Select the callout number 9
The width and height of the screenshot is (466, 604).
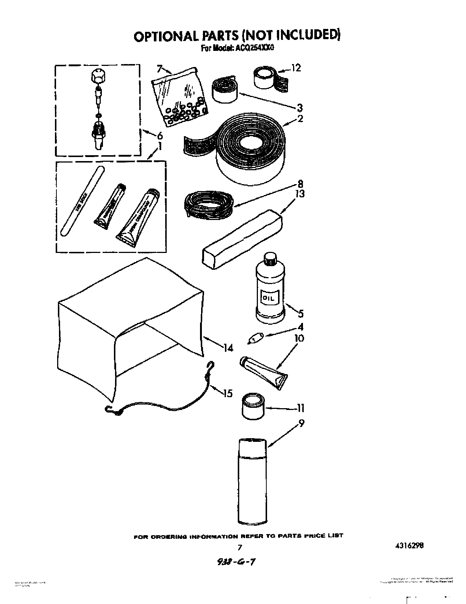(302, 424)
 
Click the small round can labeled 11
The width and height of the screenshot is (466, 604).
(253, 406)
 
